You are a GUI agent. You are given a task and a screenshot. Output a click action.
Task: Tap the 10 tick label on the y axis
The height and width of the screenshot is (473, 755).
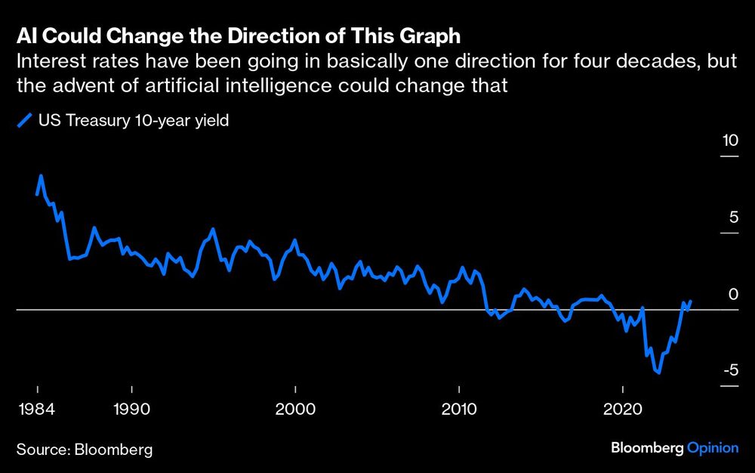click(729, 141)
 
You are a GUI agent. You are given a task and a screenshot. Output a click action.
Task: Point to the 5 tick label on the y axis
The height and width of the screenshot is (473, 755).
click(730, 218)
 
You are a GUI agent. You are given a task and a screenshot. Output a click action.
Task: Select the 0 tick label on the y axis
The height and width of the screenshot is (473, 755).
click(730, 294)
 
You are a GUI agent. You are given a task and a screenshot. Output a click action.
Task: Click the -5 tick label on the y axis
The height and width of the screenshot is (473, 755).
click(728, 370)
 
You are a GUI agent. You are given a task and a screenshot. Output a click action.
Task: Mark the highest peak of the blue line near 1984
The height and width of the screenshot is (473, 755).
click(41, 176)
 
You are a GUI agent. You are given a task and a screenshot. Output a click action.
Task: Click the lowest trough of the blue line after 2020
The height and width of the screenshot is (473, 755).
click(659, 372)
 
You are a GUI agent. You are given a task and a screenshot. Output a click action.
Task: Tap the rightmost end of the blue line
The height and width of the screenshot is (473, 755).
click(691, 301)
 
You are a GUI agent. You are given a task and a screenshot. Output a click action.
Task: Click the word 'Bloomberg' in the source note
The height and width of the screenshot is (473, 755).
click(113, 450)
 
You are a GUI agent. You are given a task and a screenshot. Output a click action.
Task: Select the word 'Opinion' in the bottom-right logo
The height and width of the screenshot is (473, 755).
click(713, 448)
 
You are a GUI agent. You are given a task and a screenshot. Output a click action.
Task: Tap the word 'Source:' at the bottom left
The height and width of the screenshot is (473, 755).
click(43, 450)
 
